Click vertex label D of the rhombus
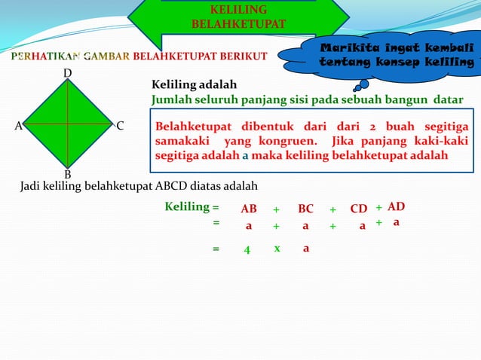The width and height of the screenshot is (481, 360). (x=67, y=73)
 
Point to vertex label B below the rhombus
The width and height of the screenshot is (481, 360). (x=67, y=174)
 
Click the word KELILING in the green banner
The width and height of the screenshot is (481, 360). (x=238, y=10)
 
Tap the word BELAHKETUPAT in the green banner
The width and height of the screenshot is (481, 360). (x=238, y=24)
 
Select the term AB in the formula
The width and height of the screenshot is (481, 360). (x=249, y=209)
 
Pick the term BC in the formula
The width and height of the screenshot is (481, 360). (x=305, y=209)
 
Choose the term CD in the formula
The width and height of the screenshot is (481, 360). (x=359, y=209)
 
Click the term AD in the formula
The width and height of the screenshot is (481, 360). (x=397, y=206)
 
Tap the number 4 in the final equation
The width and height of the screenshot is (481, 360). (x=247, y=249)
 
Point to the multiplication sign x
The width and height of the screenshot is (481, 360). (x=277, y=248)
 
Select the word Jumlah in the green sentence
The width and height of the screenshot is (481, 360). (x=171, y=99)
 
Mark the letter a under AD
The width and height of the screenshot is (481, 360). (x=396, y=223)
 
